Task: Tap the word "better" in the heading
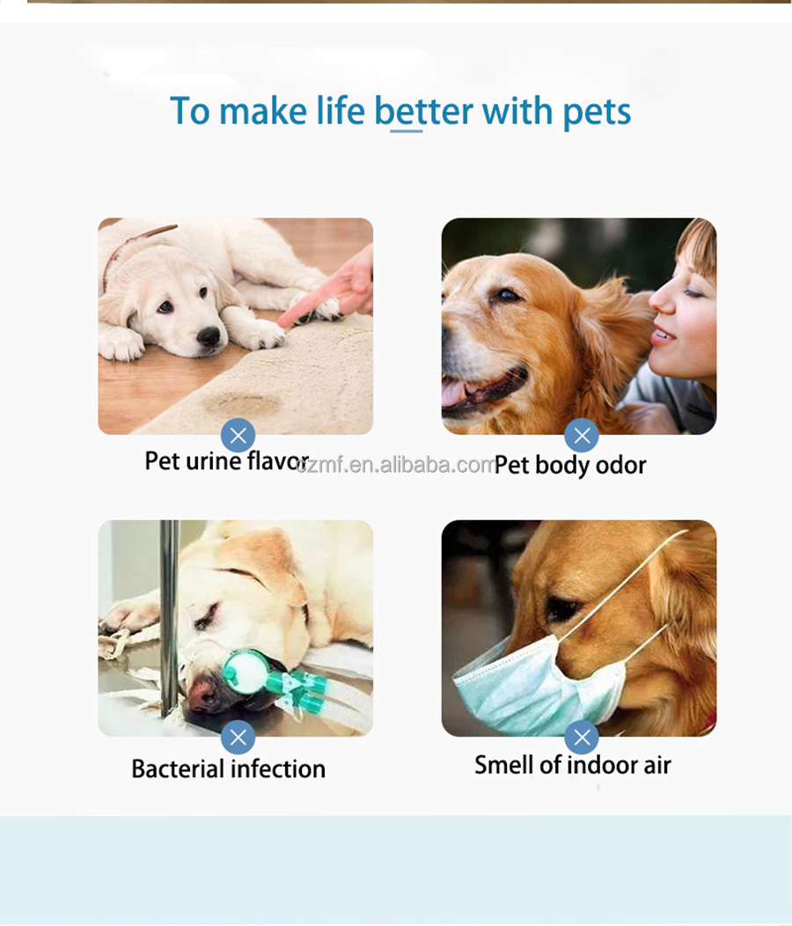click(424, 112)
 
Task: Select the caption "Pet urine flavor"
click(226, 461)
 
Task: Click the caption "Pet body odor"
click(570, 465)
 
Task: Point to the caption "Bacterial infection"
click(228, 768)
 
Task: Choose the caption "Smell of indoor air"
click(572, 765)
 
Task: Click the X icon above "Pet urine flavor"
click(238, 435)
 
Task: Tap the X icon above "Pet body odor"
click(581, 435)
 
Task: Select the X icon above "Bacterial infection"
click(238, 737)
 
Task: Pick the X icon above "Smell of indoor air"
click(581, 737)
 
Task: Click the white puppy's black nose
click(209, 335)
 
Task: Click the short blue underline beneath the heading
click(406, 131)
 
